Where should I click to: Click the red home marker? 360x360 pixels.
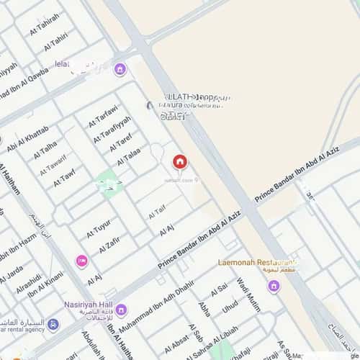point(179,161)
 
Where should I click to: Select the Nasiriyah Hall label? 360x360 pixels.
point(87,303)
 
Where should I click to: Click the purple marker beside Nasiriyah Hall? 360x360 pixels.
point(120,310)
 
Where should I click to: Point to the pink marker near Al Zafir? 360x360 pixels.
point(81,260)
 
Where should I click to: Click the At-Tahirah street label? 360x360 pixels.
point(45,27)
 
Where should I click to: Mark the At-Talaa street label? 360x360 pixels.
point(129,154)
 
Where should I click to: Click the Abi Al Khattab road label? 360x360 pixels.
point(27,139)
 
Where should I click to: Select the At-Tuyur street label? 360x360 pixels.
point(99,228)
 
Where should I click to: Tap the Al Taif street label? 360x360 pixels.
point(157,214)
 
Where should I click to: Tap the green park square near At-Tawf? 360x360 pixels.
point(107,181)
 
